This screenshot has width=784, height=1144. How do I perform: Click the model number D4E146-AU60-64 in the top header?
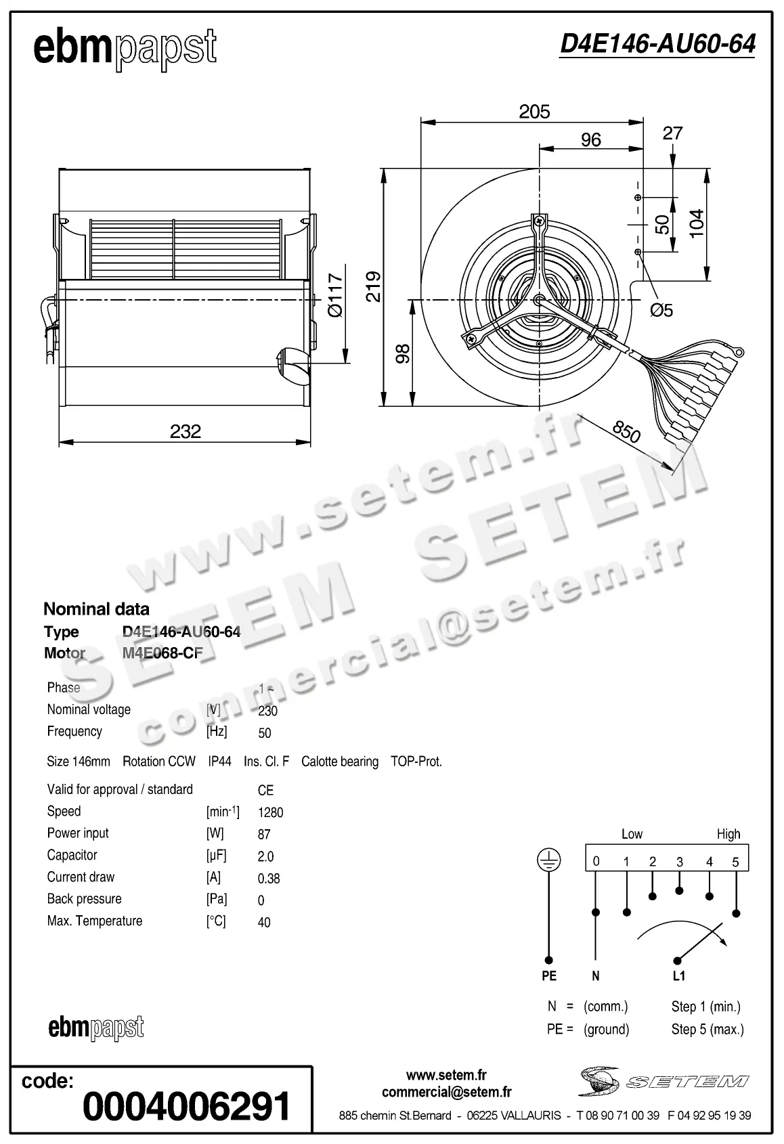click(657, 44)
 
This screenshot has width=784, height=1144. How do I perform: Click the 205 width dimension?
click(534, 111)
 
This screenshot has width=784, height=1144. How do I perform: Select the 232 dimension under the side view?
click(186, 431)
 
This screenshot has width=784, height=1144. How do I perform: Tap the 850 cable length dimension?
click(626, 431)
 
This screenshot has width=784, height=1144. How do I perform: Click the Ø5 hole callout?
click(661, 310)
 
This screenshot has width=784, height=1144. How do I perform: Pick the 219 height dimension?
click(374, 286)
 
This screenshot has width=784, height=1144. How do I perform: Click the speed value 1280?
click(270, 812)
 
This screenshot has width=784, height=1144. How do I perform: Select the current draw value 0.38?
click(269, 879)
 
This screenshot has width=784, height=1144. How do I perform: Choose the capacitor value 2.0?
click(265, 856)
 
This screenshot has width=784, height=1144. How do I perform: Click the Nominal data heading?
click(96, 609)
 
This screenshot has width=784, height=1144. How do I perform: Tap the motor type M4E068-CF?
click(162, 653)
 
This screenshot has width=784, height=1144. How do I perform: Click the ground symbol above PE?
click(548, 860)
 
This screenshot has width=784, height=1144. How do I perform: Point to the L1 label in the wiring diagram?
click(679, 976)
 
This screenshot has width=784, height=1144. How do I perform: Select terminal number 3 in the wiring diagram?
click(679, 862)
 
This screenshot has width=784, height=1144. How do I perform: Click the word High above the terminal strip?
click(728, 834)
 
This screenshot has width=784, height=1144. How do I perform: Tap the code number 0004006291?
click(186, 1106)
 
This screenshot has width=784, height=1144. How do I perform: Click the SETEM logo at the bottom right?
click(663, 1081)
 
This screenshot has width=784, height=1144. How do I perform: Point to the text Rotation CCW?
click(159, 762)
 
